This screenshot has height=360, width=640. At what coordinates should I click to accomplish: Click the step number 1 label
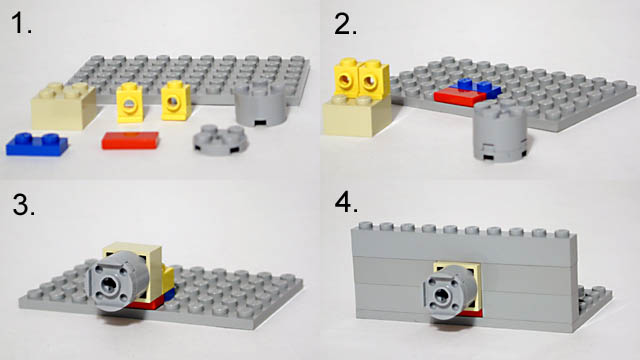(21, 24)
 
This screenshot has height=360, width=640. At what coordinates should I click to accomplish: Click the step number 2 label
(345, 24)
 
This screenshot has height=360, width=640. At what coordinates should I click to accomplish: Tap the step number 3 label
(23, 204)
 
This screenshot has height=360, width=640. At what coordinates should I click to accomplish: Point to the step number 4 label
(347, 202)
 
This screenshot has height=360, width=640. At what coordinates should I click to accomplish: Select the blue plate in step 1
(37, 144)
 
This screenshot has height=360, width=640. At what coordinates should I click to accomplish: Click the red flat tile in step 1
(130, 140)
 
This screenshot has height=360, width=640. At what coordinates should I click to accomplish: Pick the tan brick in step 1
(64, 106)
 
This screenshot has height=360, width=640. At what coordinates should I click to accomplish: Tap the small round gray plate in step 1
(220, 140)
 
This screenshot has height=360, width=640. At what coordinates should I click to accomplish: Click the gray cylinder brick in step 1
(261, 104)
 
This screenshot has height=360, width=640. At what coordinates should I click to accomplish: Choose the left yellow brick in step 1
(130, 102)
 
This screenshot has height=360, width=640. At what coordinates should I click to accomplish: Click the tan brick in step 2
(357, 116)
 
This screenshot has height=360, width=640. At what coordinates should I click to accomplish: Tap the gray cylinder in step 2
(501, 131)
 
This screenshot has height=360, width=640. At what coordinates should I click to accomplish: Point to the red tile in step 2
(460, 97)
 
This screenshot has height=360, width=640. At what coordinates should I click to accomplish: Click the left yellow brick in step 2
(346, 78)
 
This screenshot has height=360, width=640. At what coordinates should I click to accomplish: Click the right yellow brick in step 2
(373, 79)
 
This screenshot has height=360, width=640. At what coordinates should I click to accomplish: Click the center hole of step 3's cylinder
(109, 282)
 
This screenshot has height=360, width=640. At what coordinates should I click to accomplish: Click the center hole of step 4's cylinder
(442, 294)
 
